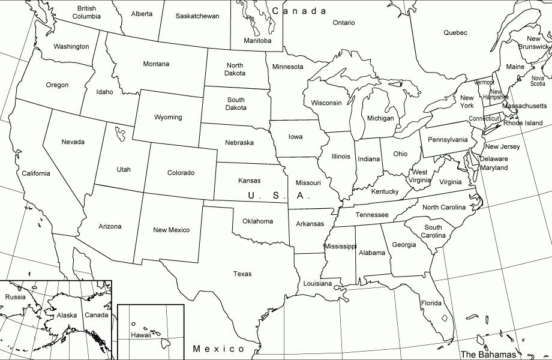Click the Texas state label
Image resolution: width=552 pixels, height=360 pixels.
pos(242,274)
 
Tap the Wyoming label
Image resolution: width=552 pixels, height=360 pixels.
pos(168,117)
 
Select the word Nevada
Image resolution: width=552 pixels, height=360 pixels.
pos(73,142)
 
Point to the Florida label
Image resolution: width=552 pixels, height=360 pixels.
pos(431,303)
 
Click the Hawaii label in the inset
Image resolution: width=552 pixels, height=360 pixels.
pos(142,335)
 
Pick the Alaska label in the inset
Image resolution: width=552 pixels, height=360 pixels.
pos(67,316)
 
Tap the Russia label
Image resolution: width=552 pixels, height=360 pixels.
pos(15,297)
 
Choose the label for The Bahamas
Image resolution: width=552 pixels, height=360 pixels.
pos(488,353)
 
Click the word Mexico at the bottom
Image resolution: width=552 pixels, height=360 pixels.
pos(219,349)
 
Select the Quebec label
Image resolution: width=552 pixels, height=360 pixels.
pos(455,33)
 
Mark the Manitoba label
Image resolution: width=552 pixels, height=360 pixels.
pos(257,41)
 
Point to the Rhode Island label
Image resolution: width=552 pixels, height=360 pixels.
pos(523,123)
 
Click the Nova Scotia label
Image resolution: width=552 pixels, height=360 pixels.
pos(538,81)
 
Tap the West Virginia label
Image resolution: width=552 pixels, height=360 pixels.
pos(420,176)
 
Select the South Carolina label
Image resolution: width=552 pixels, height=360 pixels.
pos(433,232)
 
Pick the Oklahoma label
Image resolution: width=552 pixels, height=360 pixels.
pos(257,221)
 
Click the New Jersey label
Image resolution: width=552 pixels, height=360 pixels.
pos(502,146)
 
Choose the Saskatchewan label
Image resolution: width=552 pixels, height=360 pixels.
pos(197,16)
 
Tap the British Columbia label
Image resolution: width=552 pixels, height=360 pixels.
pos(86,12)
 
